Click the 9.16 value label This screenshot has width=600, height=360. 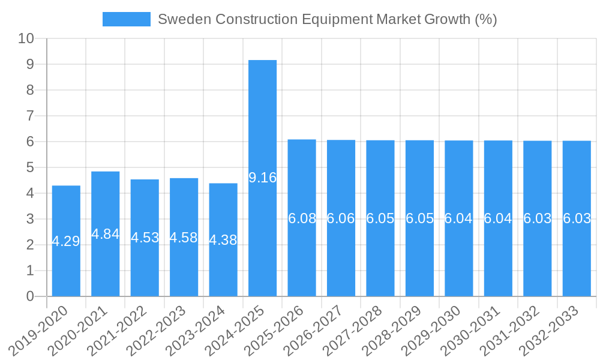(262, 178)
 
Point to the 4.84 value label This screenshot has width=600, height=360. (106, 234)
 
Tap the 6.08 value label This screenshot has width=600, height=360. (302, 218)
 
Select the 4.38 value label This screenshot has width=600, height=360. (223, 240)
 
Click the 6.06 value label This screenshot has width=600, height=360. (341, 218)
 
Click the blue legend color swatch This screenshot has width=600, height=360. (126, 19)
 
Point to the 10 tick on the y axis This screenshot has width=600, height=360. (26, 38)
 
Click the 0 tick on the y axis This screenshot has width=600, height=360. (31, 296)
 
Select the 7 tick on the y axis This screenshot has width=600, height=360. (31, 116)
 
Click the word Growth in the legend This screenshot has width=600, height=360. (448, 19)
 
